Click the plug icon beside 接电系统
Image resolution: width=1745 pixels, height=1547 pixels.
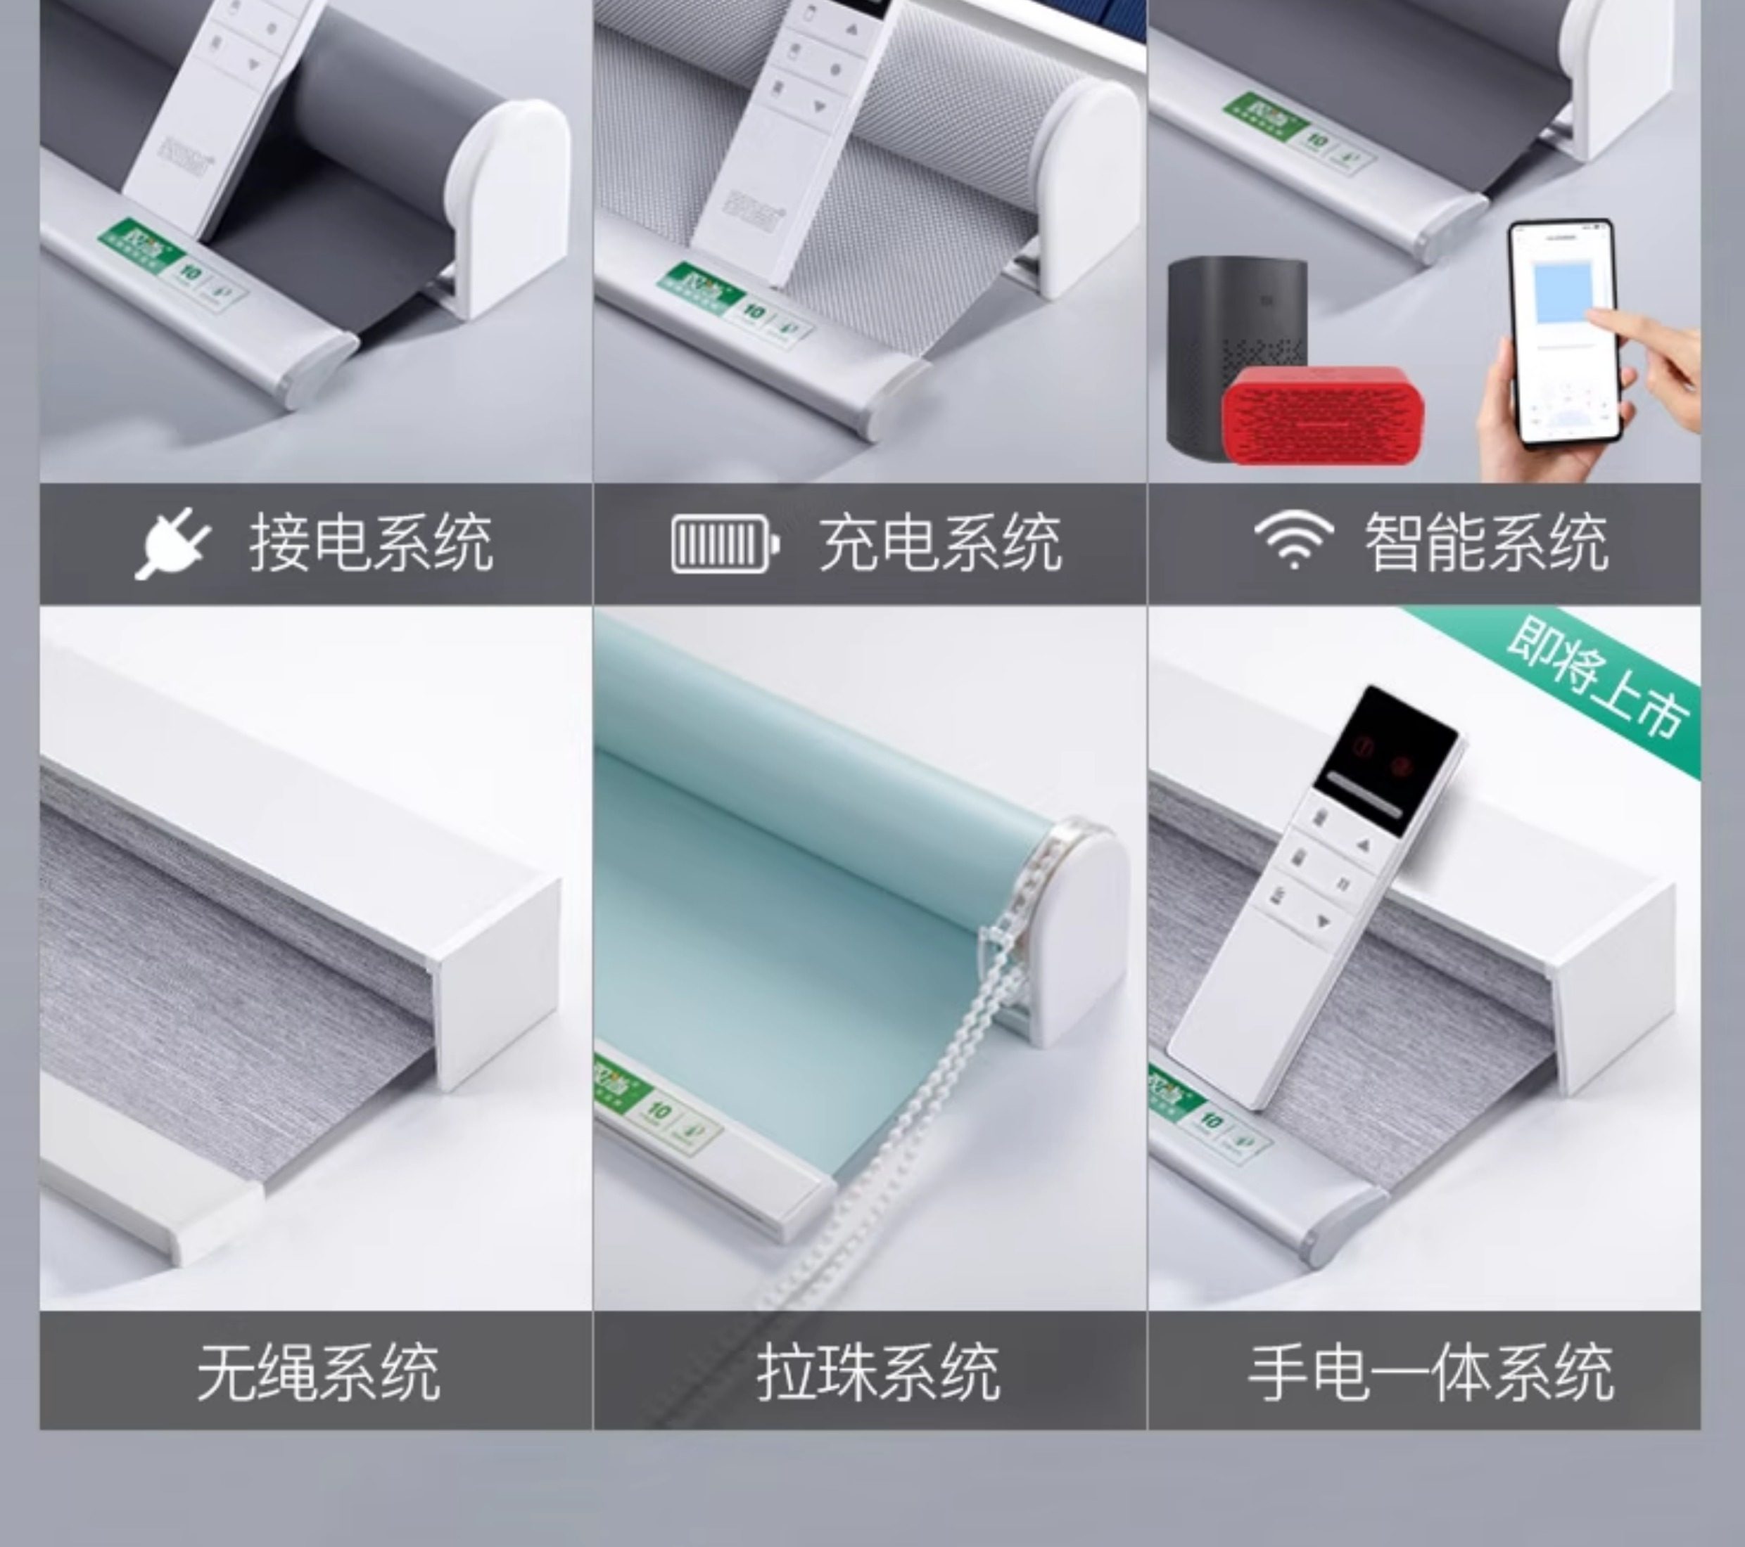[x=173, y=543]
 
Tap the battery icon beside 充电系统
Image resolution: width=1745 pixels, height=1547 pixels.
[x=725, y=544]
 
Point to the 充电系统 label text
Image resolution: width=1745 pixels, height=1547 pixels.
[x=940, y=544]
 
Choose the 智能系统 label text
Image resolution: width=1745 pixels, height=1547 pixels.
[x=1485, y=544]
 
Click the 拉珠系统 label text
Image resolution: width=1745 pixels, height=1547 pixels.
[x=877, y=1373]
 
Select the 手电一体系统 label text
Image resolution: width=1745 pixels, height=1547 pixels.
[x=1431, y=1373]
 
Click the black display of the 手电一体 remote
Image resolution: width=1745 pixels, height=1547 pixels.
[x=1385, y=755]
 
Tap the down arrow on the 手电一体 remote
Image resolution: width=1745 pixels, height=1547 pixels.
[x=1321, y=923]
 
